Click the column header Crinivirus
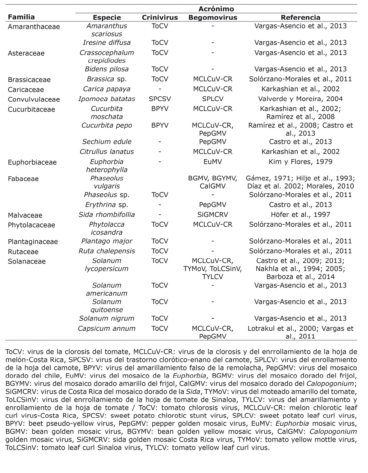point(159,17)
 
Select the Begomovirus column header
point(213,17)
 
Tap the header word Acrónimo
point(216,9)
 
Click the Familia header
point(21,17)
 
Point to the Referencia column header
point(300,17)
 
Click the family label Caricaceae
point(26,89)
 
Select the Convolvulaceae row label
point(34,99)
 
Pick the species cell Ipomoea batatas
point(107,99)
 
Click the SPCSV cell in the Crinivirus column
point(159,99)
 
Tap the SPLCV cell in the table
point(213,99)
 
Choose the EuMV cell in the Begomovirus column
point(213,162)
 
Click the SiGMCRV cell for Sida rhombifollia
point(213,215)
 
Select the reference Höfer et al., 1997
point(300,215)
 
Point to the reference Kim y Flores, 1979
point(300,162)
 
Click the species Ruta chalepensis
point(107,251)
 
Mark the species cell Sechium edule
point(107,142)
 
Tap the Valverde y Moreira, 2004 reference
point(300,99)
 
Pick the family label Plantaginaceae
point(33,242)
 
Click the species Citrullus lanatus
point(107,152)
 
